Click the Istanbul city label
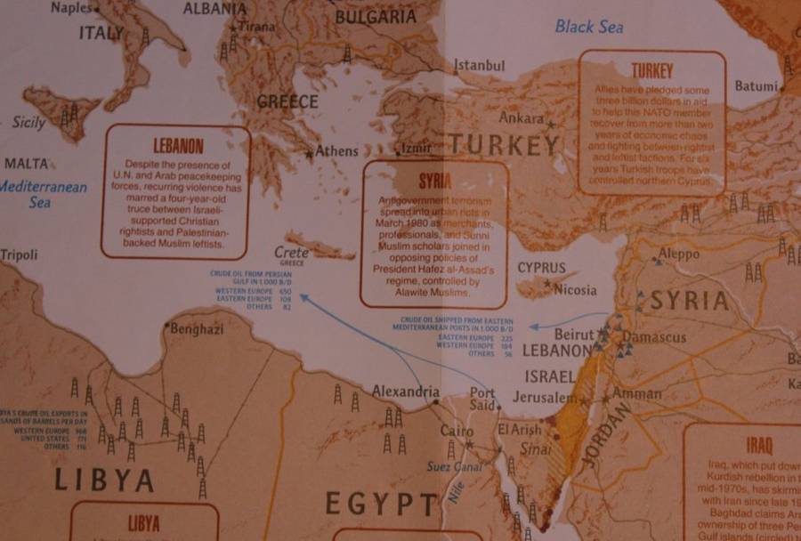(480, 66)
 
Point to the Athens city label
(336, 151)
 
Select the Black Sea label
(589, 26)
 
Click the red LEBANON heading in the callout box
(178, 146)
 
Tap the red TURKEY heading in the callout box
(652, 70)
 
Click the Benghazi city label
(197, 329)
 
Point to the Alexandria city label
(406, 392)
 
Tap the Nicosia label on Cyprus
(575, 290)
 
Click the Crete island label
(291, 252)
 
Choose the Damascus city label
(654, 337)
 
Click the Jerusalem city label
(546, 398)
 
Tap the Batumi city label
(756, 86)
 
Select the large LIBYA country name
(104, 480)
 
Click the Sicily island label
(28, 123)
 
